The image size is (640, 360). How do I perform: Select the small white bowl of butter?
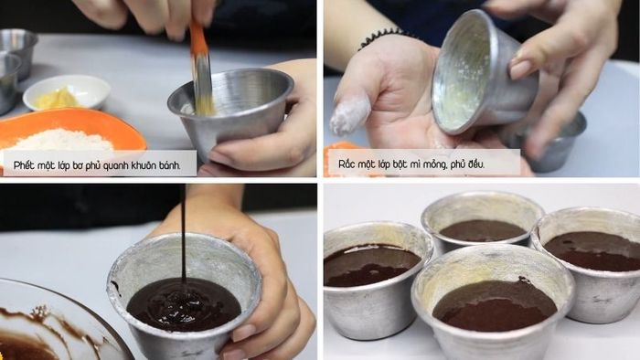[x=66, y=92]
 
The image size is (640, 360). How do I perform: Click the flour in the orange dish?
[x=62, y=140]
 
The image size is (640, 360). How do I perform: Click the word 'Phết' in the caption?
[x=23, y=165]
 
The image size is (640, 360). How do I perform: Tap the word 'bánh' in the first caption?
[x=169, y=165]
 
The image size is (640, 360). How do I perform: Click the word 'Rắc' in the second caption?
[x=346, y=164]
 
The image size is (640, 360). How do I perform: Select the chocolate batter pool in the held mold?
[x=183, y=303]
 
